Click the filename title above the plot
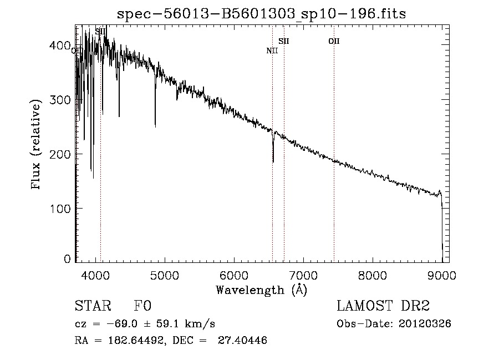coord(261,14)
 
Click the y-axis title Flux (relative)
coord(37,146)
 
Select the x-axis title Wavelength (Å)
coord(261,290)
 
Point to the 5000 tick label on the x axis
coord(164,275)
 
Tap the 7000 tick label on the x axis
coord(303,275)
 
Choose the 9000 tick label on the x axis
coord(441,275)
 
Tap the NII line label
coord(272,50)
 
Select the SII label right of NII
coord(284,41)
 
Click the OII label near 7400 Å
coord(334,41)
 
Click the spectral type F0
coord(143,306)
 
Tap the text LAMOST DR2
coord(383,306)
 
